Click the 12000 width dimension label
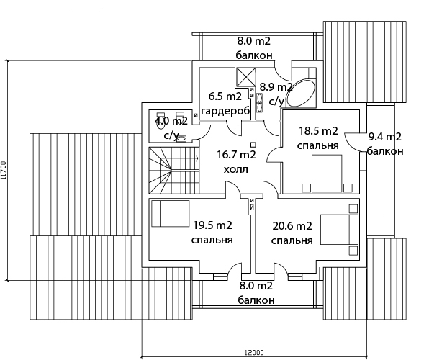coord(254,352)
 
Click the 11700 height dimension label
coord(4,171)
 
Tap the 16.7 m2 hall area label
coord(236,162)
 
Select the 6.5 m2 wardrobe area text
coord(225,104)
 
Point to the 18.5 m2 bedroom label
coord(318,138)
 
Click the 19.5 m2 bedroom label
coord(212,233)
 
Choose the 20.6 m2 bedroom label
coord(292,233)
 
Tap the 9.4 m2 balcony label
coord(384,144)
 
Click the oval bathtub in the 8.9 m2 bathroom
coord(300,93)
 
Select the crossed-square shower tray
coord(245,76)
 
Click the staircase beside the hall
coord(173,171)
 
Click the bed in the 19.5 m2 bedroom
coord(171,214)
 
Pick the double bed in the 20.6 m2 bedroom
coord(339,230)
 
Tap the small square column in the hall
coord(253,144)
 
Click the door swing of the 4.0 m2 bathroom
coord(204,132)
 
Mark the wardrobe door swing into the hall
coord(235,128)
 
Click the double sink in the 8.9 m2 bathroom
coord(259,103)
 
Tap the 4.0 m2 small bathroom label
coord(171,127)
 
